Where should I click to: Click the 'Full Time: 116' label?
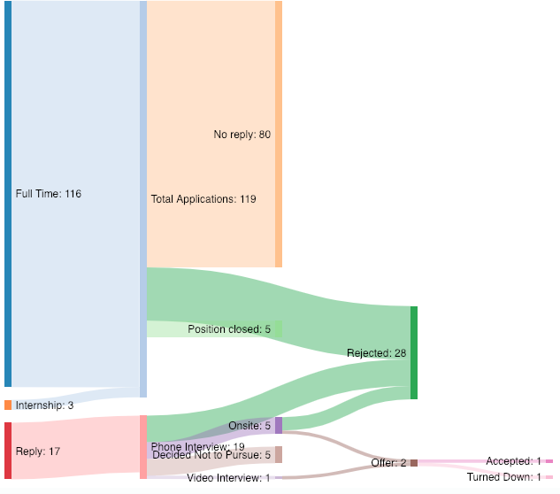tap(48, 193)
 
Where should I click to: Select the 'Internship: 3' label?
tap(44, 405)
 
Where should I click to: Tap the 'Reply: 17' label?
tap(37, 452)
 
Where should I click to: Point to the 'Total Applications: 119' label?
tap(203, 199)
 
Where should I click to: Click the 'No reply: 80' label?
tap(242, 135)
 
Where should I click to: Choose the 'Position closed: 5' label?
tap(229, 329)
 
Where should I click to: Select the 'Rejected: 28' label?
tap(376, 353)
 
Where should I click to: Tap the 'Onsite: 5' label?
tap(249, 426)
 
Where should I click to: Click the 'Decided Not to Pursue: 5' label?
tap(211, 456)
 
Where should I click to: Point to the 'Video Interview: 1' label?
tap(228, 478)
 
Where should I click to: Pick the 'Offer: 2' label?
tap(388, 463)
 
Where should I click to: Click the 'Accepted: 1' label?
tap(513, 461)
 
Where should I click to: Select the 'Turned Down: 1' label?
tap(503, 477)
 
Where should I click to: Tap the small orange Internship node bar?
tap(8, 405)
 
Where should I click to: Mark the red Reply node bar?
tap(8, 451)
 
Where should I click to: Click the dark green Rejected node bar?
tap(413, 352)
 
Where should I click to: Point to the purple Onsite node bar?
tap(279, 425)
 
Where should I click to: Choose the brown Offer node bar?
tap(413, 463)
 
